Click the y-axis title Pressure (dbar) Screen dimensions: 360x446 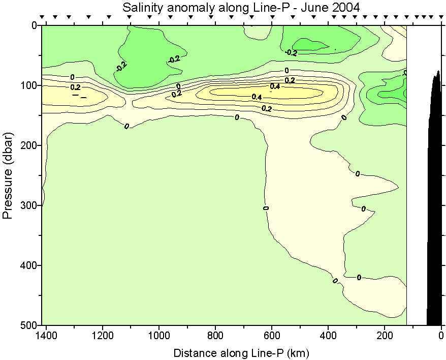8,175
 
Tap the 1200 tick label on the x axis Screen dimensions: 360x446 103,336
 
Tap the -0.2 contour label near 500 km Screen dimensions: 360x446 291,52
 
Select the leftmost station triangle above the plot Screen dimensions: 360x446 43,17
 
